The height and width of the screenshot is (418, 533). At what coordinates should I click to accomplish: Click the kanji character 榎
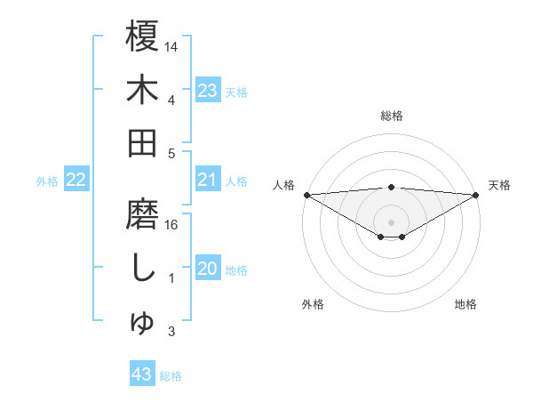[142, 37]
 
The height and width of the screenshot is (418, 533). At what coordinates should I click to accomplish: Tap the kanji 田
[142, 142]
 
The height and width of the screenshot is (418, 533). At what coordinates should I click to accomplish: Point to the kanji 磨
[142, 216]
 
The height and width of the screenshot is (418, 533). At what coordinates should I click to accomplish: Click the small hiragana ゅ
[143, 324]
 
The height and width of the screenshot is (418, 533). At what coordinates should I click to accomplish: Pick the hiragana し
[142, 269]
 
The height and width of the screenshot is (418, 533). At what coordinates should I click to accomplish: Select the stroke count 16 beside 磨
[172, 224]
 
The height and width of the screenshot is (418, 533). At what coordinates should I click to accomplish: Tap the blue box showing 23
[208, 90]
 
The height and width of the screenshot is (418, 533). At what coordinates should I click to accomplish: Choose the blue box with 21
[208, 181]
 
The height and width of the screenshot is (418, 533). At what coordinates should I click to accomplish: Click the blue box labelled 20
[208, 269]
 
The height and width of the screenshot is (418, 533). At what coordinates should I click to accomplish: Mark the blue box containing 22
[76, 181]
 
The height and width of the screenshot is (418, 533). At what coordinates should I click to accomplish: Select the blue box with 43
[142, 375]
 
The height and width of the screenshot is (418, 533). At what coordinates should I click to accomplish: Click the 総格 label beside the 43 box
[171, 376]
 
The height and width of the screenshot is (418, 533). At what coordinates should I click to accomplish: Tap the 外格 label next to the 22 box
[47, 181]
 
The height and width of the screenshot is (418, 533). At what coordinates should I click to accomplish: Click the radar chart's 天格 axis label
[499, 185]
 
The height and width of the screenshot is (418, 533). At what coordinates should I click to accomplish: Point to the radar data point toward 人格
[306, 195]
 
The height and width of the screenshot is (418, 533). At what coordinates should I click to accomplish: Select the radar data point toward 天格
[476, 195]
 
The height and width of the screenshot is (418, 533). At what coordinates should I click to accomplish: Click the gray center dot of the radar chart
[392, 221]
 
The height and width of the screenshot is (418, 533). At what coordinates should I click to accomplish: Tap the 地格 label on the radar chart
[465, 304]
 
